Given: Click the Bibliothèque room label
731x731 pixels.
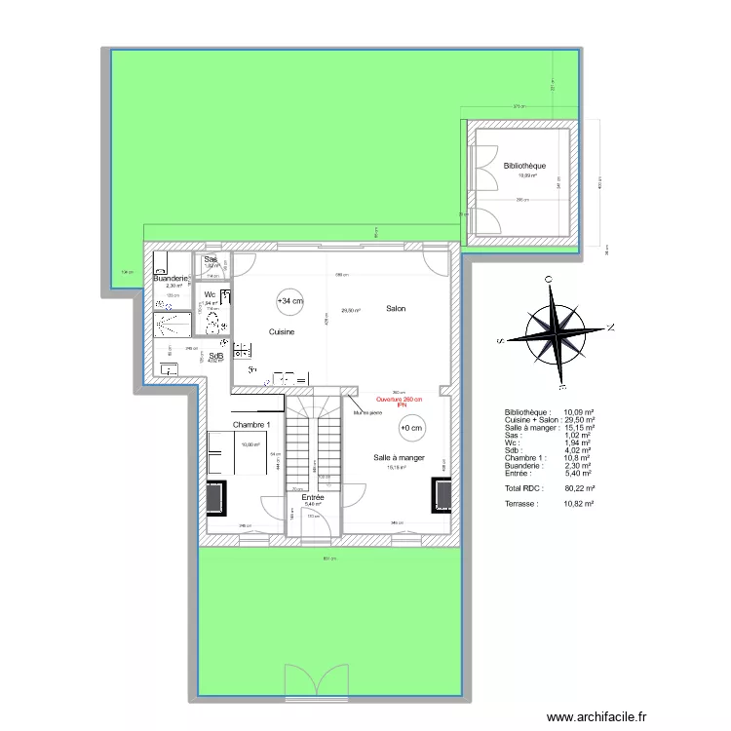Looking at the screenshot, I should click(524, 167).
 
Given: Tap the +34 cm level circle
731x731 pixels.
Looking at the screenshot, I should click(289, 302).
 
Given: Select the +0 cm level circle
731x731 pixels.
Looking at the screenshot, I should click(411, 428).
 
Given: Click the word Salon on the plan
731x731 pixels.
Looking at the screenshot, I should click(395, 309).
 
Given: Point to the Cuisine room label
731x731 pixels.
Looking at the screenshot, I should click(282, 332).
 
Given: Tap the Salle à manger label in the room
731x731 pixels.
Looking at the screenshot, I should click(399, 457).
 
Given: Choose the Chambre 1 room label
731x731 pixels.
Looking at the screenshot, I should click(251, 424).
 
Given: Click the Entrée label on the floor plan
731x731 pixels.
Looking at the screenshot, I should click(313, 497).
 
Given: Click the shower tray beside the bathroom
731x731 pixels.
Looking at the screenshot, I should click(173, 324).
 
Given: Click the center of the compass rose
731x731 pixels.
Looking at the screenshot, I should click(552, 332).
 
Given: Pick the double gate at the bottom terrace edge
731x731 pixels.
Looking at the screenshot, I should click(316, 681).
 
